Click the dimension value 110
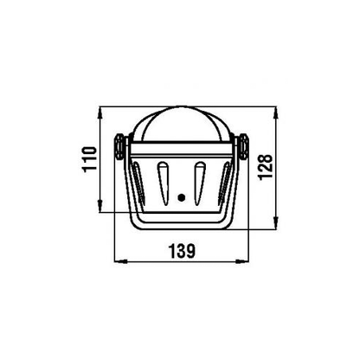pos(90,159)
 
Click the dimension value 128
pos(266,167)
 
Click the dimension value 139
pos(182,251)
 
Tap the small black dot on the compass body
pos(182,197)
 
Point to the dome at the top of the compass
pos(182,125)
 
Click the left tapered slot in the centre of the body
pos(163,183)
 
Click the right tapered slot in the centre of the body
pos(200,183)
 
